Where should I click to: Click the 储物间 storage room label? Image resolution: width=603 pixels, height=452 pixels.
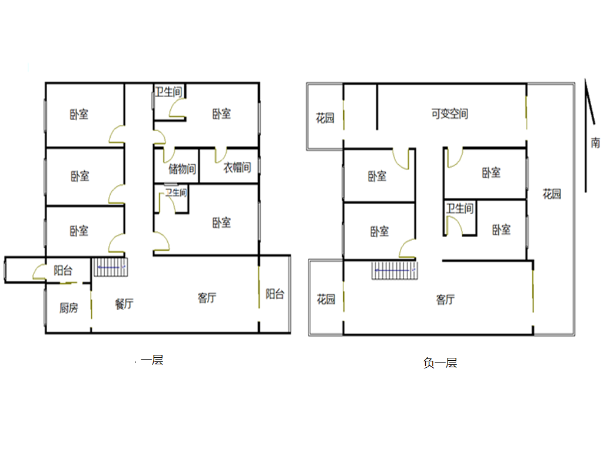(182, 168)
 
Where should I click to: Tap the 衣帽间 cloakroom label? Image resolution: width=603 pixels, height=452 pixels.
(237, 167)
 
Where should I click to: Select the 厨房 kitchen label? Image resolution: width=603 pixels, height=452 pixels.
(69, 307)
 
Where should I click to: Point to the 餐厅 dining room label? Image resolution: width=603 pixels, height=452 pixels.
(124, 304)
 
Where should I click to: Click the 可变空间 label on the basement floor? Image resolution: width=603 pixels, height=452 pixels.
(449, 114)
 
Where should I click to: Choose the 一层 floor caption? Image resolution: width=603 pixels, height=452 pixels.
(152, 360)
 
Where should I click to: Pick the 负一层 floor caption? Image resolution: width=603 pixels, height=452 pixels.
(440, 363)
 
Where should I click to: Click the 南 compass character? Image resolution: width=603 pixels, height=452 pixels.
(595, 142)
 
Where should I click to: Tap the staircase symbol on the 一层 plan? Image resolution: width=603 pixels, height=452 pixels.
(111, 267)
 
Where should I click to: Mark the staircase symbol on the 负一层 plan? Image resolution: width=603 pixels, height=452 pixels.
(395, 270)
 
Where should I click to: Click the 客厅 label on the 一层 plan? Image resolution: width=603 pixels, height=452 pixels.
(207, 297)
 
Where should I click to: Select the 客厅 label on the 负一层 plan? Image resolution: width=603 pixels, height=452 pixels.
(445, 299)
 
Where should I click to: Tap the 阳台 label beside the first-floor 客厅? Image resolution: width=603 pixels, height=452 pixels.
(275, 294)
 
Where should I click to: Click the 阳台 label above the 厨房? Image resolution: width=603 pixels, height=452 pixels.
(63, 270)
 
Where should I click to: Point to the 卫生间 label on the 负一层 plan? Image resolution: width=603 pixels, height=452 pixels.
(459, 208)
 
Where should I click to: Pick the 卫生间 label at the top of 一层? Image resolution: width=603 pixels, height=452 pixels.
(168, 91)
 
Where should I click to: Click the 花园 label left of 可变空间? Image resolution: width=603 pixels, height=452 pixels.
(325, 118)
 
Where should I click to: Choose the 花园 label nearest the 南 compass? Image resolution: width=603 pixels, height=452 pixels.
(552, 193)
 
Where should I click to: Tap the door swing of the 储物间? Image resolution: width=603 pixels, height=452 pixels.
(169, 155)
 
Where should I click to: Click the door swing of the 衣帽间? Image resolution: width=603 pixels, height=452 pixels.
(221, 155)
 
